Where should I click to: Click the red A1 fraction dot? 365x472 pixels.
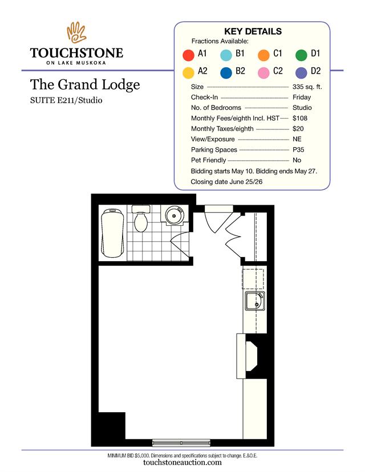point(189,55)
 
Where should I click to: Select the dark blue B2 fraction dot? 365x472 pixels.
point(226,73)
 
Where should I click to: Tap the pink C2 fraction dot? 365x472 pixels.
point(263,73)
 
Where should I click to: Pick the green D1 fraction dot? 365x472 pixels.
point(301,55)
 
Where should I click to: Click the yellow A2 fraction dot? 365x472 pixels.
point(189,73)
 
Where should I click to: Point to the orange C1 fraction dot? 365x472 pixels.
point(263,55)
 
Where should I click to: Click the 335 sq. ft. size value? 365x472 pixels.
point(307,87)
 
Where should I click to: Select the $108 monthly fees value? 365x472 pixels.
point(300,118)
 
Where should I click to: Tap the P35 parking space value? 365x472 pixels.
point(298,149)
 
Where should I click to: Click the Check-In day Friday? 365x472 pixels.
point(302,97)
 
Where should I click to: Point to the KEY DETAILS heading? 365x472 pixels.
point(253,31)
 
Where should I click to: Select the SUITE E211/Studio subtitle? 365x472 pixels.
point(66,100)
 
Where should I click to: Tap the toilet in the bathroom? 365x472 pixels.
point(141,219)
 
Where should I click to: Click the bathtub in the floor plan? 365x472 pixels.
point(113,233)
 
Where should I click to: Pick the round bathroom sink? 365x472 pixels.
point(175,215)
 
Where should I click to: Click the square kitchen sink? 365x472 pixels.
point(255,301)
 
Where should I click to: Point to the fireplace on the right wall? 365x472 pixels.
point(248,356)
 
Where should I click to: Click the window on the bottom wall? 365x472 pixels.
point(181,442)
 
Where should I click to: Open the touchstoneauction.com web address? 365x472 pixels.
point(182,462)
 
